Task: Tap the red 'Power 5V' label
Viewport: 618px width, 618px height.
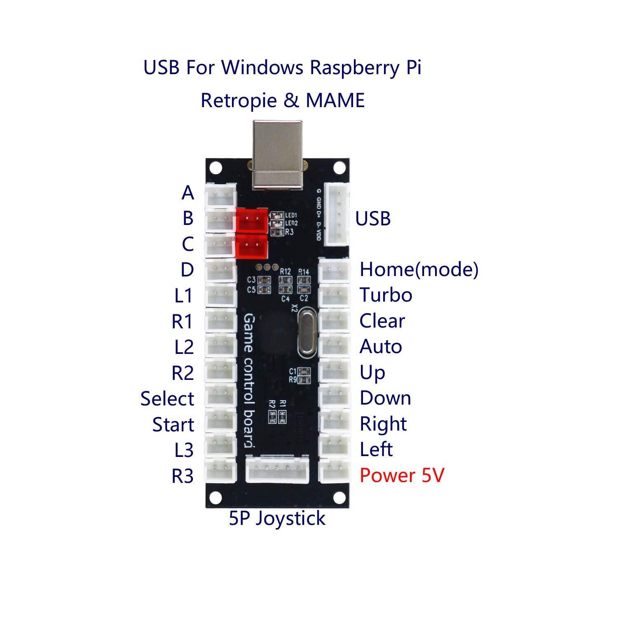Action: pyautogui.click(x=402, y=475)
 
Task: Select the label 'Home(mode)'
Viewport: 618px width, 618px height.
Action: pyautogui.click(x=419, y=269)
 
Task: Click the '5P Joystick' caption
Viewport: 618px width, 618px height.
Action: pyautogui.click(x=277, y=518)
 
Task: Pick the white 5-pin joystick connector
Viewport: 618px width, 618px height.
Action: pyautogui.click(x=277, y=469)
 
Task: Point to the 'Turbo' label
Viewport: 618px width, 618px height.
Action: pyautogui.click(x=386, y=295)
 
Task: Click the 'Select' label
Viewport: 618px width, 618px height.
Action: pyautogui.click(x=167, y=399)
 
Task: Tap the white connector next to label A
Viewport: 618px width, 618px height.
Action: pyautogui.click(x=221, y=194)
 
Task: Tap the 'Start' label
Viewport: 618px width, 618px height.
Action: pyautogui.click(x=173, y=425)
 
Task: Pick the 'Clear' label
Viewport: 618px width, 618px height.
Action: pyautogui.click(x=382, y=321)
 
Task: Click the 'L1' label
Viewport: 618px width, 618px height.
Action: pyautogui.click(x=183, y=296)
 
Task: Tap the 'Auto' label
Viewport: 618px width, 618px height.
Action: pyautogui.click(x=380, y=346)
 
